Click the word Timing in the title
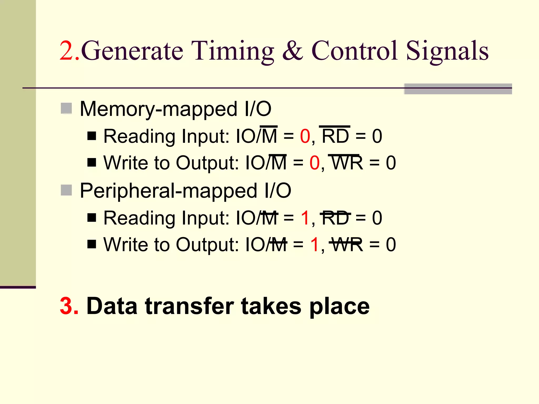232,51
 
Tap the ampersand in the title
292,50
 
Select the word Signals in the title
447,51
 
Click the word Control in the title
354,50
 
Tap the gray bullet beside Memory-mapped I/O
66,108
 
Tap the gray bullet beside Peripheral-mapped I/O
66,190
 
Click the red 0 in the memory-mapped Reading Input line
305,137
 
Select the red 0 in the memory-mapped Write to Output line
315,163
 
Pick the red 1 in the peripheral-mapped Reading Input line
305,218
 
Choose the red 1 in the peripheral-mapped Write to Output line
315,245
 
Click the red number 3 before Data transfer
69,306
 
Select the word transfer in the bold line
189,306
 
